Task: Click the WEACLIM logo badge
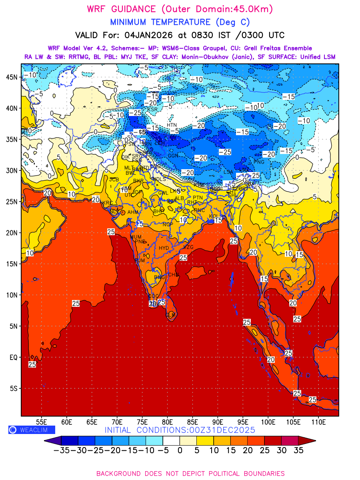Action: [32, 430]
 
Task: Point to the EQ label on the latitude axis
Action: [14, 357]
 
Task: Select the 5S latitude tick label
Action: [14, 388]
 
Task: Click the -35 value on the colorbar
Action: [61, 450]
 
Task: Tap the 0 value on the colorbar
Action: [180, 450]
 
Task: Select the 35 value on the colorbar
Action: [298, 450]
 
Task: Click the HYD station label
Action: [164, 248]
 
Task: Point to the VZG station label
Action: [188, 247]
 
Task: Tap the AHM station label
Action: [133, 212]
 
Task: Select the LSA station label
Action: [228, 172]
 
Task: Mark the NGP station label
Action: [168, 225]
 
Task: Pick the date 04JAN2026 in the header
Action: [142, 35]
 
